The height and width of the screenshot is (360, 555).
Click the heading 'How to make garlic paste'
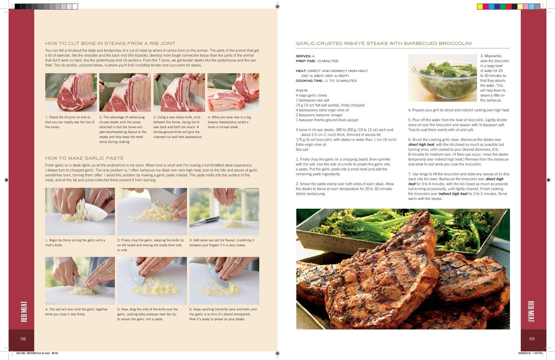[84, 158]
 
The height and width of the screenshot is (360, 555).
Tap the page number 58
[23, 339]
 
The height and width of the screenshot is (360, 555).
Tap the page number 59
[532, 339]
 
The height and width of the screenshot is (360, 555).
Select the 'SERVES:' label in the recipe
[304, 56]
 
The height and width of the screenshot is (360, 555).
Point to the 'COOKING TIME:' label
[309, 81]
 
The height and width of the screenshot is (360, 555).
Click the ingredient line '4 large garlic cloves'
[311, 95]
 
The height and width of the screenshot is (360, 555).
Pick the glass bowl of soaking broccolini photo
[443, 78]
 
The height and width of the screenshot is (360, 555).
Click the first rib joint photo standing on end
[71, 92]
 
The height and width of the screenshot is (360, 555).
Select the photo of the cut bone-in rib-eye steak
[233, 92]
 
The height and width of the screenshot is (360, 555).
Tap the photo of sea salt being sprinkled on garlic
[224, 211]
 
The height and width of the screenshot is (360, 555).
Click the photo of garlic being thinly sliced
[80, 211]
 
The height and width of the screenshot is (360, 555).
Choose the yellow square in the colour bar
[480, 7]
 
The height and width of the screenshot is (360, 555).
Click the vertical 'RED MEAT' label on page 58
[24, 311]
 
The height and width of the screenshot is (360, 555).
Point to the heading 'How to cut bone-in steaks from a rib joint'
[110, 43]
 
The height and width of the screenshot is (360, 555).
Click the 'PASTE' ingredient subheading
[302, 91]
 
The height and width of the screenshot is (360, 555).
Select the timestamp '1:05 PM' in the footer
[537, 353]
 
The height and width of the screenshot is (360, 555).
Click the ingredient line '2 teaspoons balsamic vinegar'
[319, 115]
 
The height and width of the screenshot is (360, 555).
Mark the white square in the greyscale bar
[75, 7]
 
